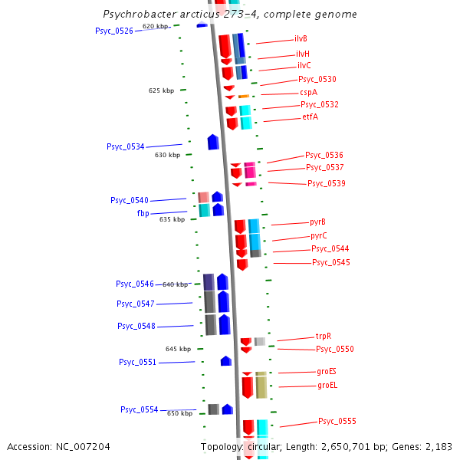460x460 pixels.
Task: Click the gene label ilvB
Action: (x=301, y=38)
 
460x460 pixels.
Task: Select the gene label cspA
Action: (x=309, y=92)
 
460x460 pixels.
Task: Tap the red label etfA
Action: (x=310, y=117)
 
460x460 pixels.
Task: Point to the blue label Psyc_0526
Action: (x=114, y=31)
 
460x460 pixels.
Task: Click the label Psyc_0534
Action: (x=125, y=146)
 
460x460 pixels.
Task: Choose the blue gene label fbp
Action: (x=143, y=213)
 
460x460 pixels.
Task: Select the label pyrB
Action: (x=318, y=222)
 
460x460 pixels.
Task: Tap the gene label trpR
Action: (x=324, y=336)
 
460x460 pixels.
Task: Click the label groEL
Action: (x=327, y=385)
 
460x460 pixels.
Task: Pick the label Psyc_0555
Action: (x=337, y=421)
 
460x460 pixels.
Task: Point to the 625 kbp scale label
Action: (x=161, y=90)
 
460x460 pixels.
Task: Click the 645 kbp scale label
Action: (x=178, y=349)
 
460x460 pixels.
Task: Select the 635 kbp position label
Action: (x=172, y=219)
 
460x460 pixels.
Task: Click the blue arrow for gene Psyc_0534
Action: (x=213, y=142)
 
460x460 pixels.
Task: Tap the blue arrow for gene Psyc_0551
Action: (x=226, y=360)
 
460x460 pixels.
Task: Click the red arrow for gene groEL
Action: (x=247, y=386)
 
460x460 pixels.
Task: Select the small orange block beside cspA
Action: (x=244, y=97)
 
